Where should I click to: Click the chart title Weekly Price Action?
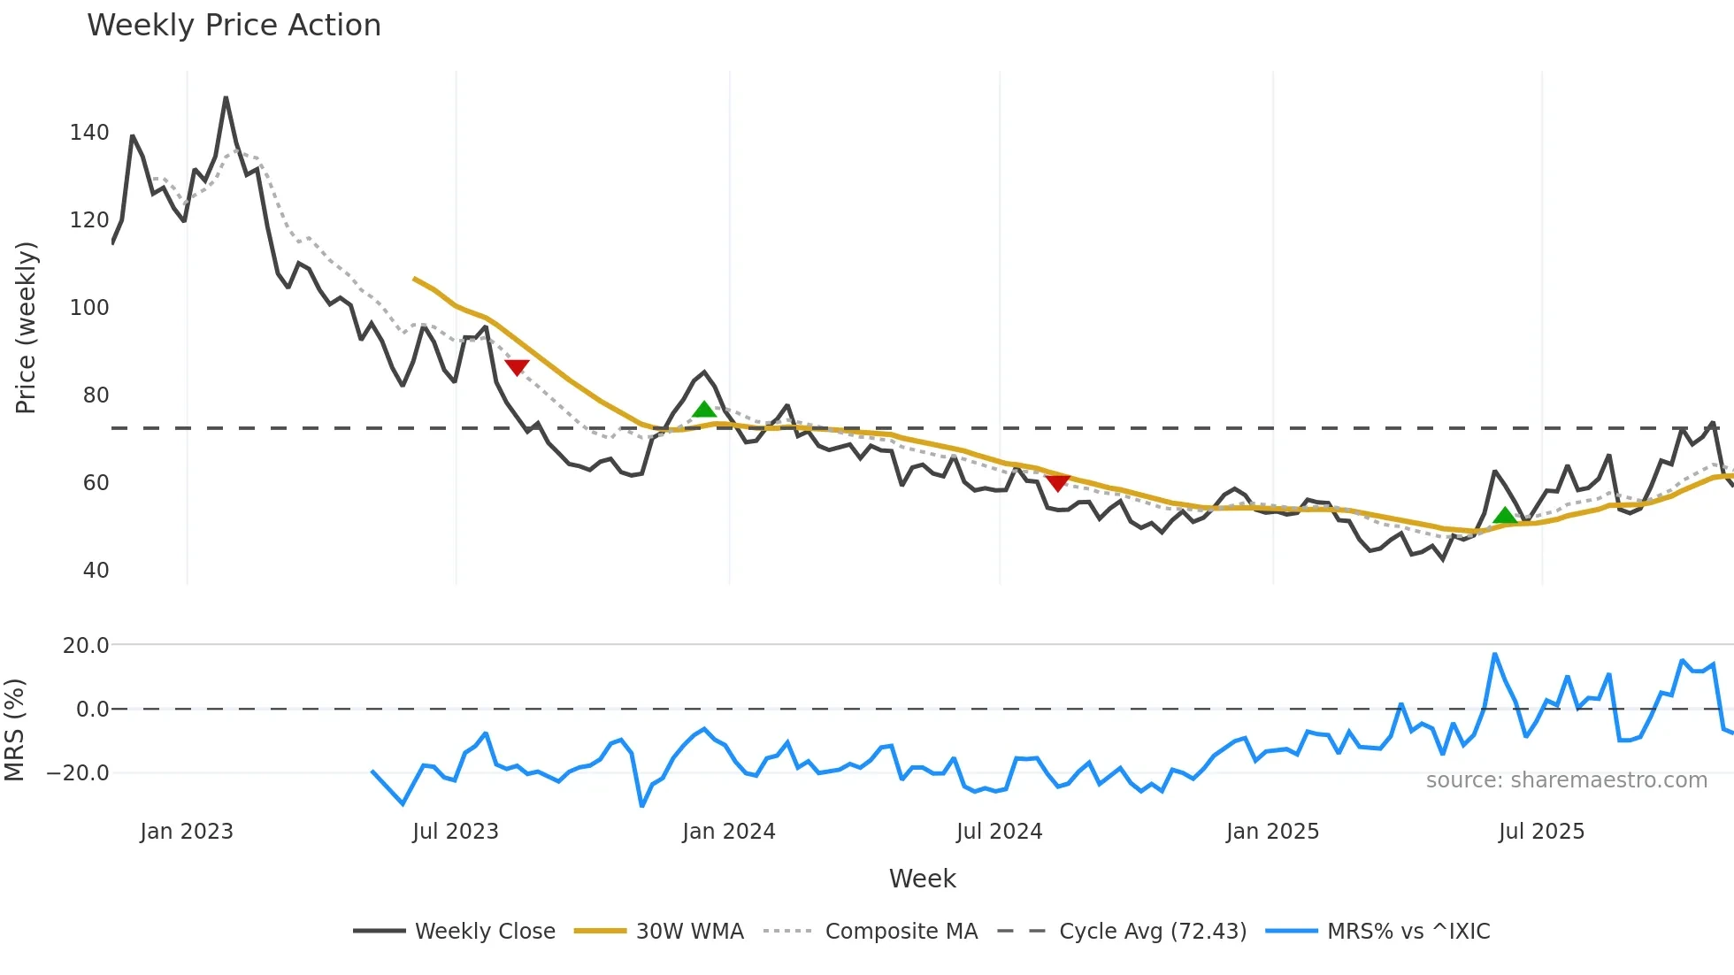tap(234, 25)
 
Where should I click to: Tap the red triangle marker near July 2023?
tap(517, 366)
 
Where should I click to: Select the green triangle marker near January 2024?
tap(704, 409)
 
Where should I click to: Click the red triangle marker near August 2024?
tap(1057, 482)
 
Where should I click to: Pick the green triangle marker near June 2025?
tap(1505, 516)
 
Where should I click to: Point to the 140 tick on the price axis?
tap(89, 133)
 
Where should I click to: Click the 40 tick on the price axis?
tap(96, 571)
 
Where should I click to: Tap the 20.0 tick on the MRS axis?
tap(86, 646)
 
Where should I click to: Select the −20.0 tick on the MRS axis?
tap(78, 773)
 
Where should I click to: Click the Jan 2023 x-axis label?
tap(187, 832)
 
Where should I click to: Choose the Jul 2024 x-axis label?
tap(999, 832)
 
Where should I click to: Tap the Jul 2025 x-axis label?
tap(1541, 832)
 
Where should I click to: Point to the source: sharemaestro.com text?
tap(1566, 780)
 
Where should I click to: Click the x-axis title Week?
tap(922, 879)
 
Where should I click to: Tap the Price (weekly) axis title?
tap(26, 327)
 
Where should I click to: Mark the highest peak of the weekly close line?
tap(226, 97)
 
